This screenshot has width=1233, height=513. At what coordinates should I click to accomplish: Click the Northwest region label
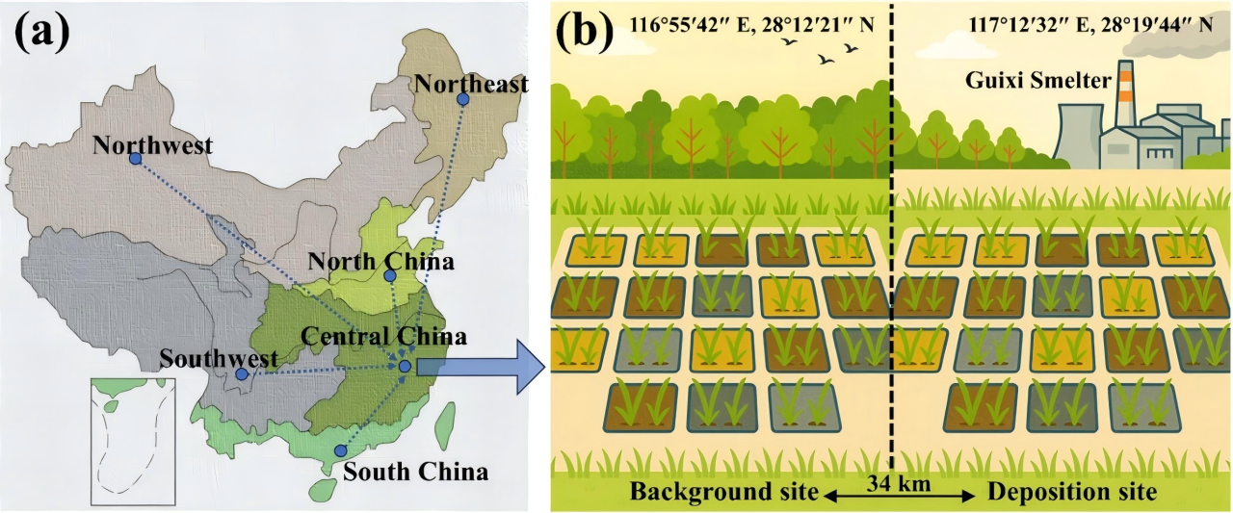[152, 145]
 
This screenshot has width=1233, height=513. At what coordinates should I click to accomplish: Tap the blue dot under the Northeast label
[463, 99]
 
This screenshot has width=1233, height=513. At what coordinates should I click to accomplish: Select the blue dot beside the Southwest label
[241, 374]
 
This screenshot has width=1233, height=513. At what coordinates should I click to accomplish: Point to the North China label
[380, 261]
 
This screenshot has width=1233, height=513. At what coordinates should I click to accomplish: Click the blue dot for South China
[341, 450]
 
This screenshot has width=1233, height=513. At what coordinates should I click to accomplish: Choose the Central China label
[383, 336]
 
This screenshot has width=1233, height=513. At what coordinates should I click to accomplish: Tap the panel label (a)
[42, 32]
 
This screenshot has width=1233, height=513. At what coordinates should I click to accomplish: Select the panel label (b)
[585, 32]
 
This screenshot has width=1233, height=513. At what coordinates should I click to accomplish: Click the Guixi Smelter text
[1038, 80]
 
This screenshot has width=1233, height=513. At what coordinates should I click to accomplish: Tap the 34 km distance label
[899, 483]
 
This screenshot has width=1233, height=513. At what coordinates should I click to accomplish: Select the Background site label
[724, 491]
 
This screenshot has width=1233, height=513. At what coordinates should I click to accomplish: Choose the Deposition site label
[1072, 492]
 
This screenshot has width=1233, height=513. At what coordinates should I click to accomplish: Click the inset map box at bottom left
[133, 442]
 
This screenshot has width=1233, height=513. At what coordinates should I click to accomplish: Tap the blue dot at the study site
[406, 366]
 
